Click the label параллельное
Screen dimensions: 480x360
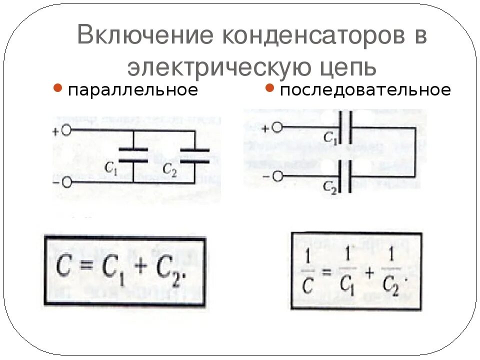point(133,90)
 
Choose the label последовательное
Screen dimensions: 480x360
point(365,90)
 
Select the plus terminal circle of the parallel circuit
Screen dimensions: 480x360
point(66,131)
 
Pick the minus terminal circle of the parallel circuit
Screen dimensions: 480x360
point(66,182)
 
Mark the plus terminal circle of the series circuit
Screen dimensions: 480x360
point(278,128)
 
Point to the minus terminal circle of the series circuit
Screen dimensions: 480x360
point(278,176)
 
